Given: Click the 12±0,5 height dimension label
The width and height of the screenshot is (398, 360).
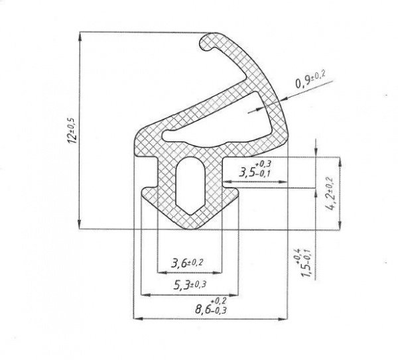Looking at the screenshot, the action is click(72, 131).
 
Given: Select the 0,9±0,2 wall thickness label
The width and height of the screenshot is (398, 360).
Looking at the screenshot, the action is click(310, 80).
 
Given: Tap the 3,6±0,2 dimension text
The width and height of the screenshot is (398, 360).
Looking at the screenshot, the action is click(187, 263).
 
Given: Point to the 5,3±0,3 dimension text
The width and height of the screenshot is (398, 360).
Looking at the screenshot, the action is click(190, 285).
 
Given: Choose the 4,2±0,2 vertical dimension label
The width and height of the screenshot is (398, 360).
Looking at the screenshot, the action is click(332, 194).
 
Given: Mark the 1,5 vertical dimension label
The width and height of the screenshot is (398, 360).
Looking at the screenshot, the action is click(304, 263).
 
